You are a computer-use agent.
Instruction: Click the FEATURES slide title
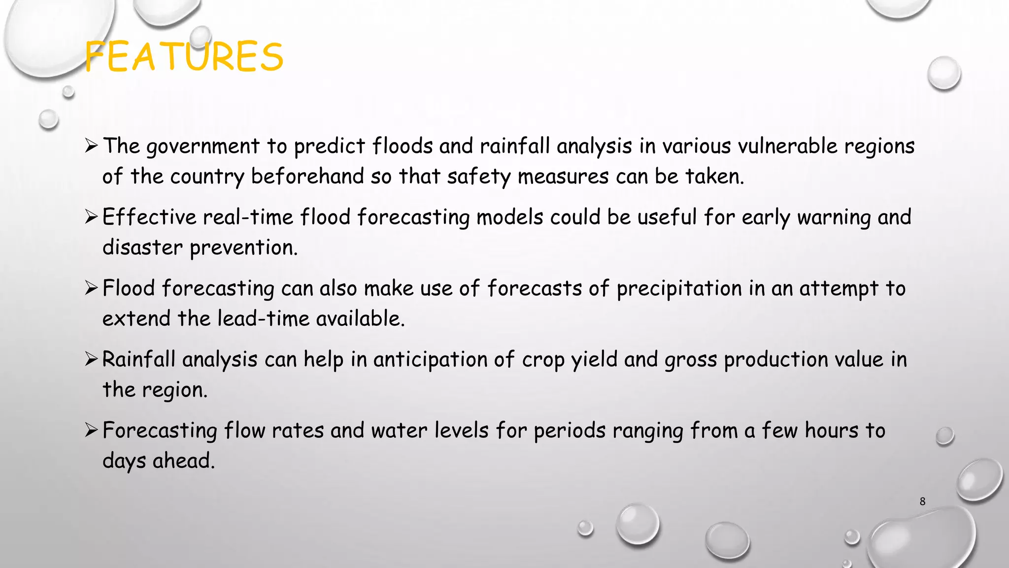click(x=184, y=57)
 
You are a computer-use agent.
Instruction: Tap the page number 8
click(x=922, y=501)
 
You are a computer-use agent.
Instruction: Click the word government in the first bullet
click(x=203, y=147)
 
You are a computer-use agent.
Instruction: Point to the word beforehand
click(x=307, y=177)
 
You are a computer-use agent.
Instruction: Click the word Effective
click(x=149, y=217)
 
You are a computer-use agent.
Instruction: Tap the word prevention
click(x=243, y=248)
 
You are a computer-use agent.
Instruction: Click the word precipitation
click(x=679, y=289)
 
